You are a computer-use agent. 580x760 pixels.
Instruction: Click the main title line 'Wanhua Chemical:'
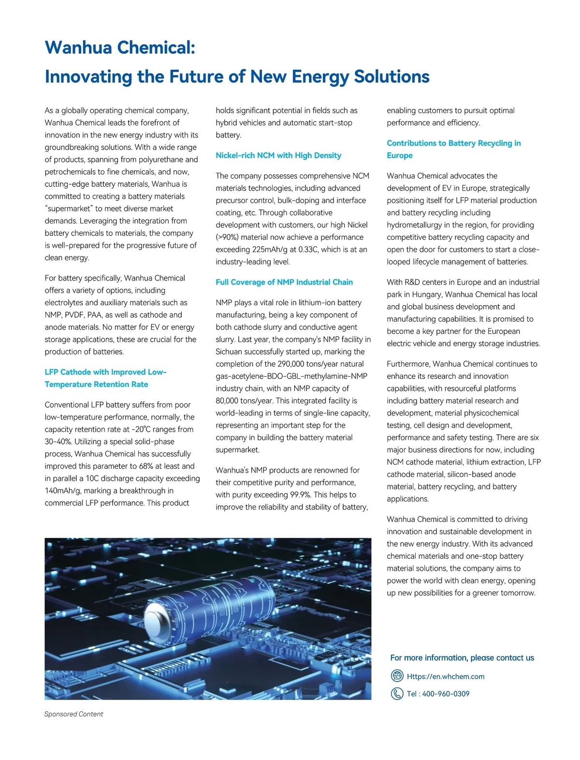pyautogui.click(x=120, y=47)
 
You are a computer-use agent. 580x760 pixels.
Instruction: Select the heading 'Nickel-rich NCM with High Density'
pyautogui.click(x=278, y=155)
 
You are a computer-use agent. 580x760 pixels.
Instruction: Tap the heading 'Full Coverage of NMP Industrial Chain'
pyautogui.click(x=284, y=282)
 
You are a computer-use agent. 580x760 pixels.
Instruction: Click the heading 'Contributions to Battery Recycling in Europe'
pyautogui.click(x=453, y=149)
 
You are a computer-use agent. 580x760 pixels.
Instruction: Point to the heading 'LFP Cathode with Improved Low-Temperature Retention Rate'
pyautogui.click(x=105, y=378)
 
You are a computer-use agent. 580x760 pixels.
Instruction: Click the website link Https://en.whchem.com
pyautogui.click(x=445, y=676)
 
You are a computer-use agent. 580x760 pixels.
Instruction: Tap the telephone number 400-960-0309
pyautogui.click(x=446, y=694)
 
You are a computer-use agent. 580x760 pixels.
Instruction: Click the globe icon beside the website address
pyautogui.click(x=397, y=676)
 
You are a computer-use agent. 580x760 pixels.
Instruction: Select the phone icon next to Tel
pyautogui.click(x=397, y=694)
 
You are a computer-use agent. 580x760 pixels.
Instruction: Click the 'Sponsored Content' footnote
pyautogui.click(x=73, y=714)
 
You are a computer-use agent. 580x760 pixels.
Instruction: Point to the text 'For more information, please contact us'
pyautogui.click(x=462, y=657)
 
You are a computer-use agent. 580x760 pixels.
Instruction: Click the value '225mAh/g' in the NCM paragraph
pyautogui.click(x=271, y=250)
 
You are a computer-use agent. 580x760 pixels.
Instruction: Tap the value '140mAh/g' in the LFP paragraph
pyautogui.click(x=63, y=491)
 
